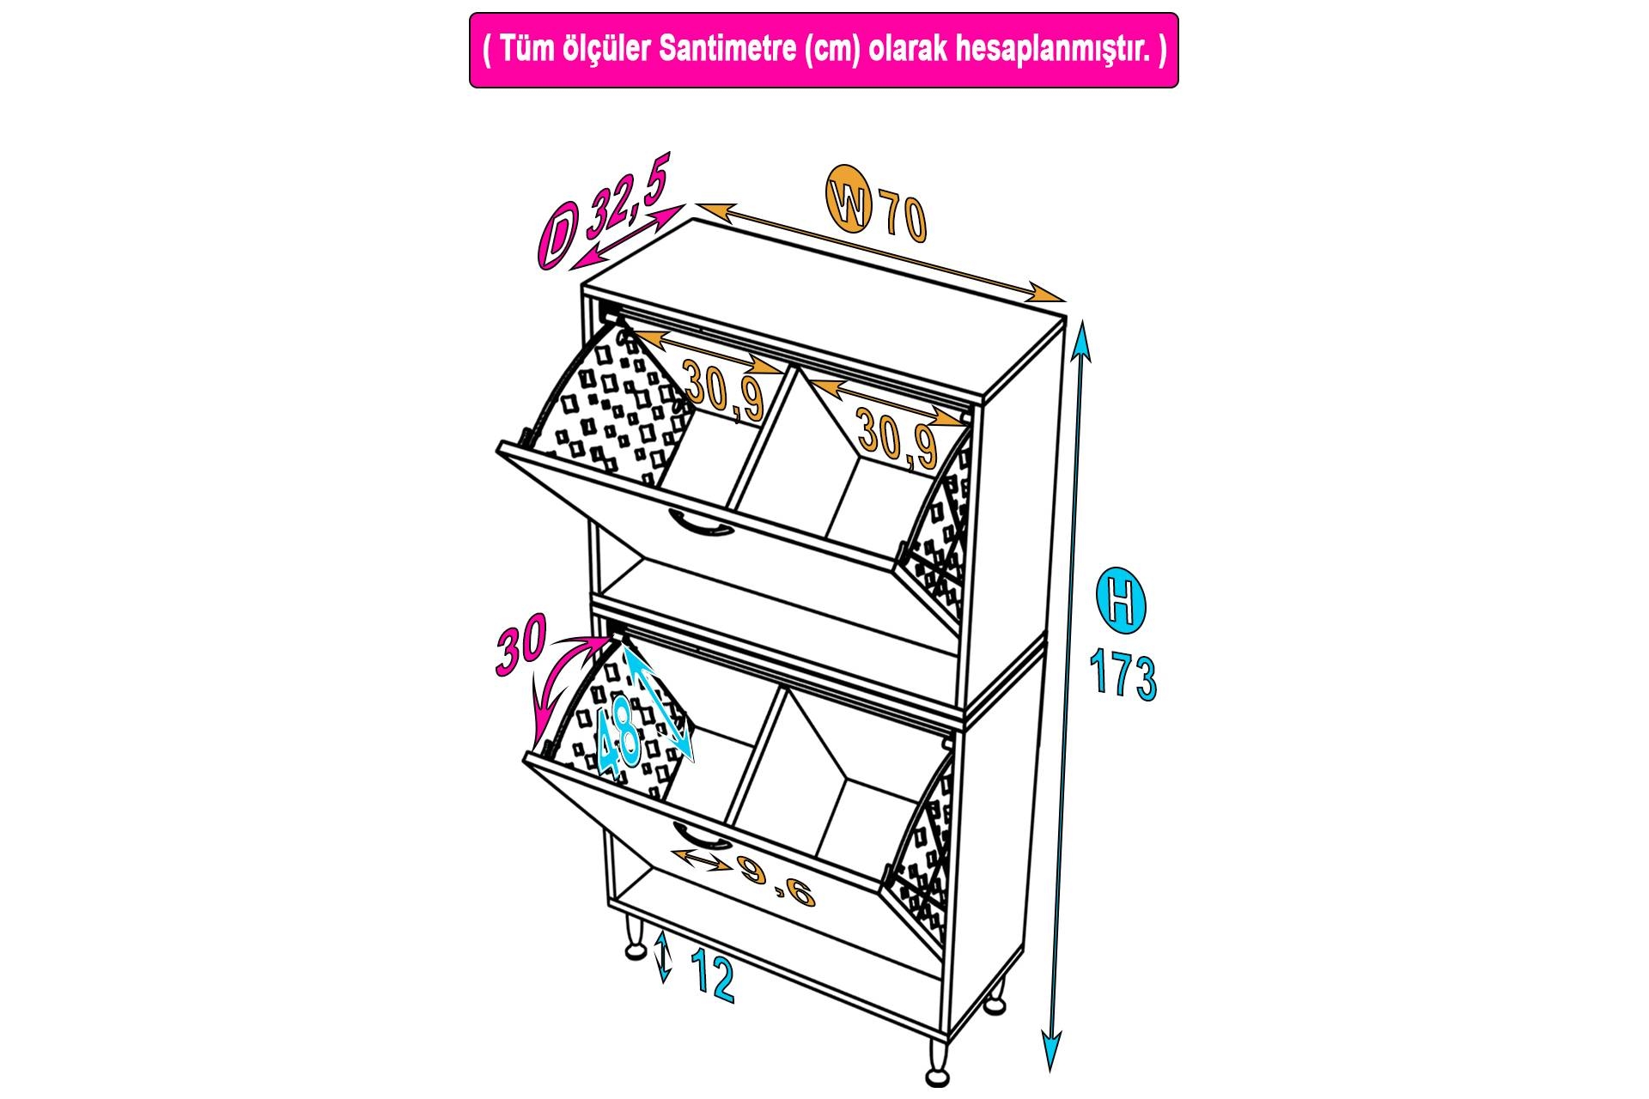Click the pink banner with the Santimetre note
(824, 50)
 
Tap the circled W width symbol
(849, 203)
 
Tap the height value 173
(1123, 672)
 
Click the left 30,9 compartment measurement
(725, 390)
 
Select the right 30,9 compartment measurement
(897, 438)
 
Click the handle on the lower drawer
(701, 836)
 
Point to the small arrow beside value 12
(662, 957)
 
